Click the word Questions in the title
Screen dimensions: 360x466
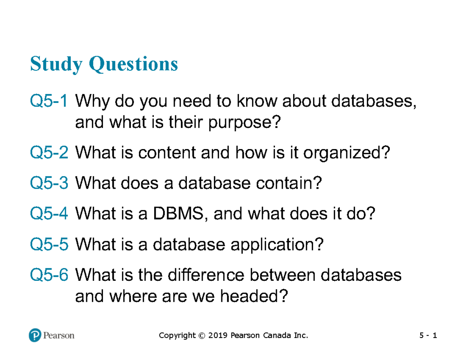[x=134, y=64]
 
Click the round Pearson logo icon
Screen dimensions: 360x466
[x=35, y=335]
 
